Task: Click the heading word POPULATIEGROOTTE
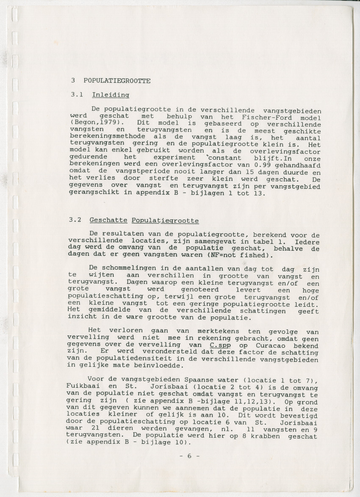point(116,80)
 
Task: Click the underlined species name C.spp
point(219,345)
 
